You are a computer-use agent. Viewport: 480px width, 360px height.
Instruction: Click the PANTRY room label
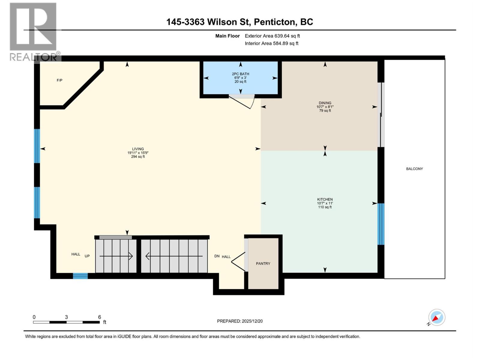pos(263,263)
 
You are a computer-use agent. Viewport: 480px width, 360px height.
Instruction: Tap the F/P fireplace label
pos(59,80)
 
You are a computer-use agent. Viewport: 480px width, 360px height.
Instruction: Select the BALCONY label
pos(414,169)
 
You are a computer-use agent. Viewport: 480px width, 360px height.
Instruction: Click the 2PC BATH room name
pos(240,74)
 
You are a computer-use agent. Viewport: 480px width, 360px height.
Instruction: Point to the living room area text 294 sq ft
pos(138,157)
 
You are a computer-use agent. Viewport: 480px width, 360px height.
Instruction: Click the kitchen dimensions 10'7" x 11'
pos(325,203)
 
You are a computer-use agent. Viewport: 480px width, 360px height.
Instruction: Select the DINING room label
pos(325,103)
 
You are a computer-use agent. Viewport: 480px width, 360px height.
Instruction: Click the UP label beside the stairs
pos(87,256)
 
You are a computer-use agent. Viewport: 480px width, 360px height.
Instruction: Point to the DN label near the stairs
pos(217,256)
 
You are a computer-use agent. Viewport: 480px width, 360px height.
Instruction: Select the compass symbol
pos(436,317)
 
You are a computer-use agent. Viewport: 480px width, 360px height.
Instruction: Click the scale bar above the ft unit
pos(66,322)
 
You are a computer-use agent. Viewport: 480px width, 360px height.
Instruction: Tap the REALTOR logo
pos(33,31)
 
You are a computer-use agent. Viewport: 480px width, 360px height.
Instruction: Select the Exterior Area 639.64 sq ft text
pos(272,36)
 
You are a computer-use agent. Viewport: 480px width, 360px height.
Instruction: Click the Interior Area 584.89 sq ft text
pos(271,43)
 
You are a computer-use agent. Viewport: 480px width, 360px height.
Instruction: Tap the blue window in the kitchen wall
pos(381,224)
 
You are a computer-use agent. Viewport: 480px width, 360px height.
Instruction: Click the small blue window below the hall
pos(80,276)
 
